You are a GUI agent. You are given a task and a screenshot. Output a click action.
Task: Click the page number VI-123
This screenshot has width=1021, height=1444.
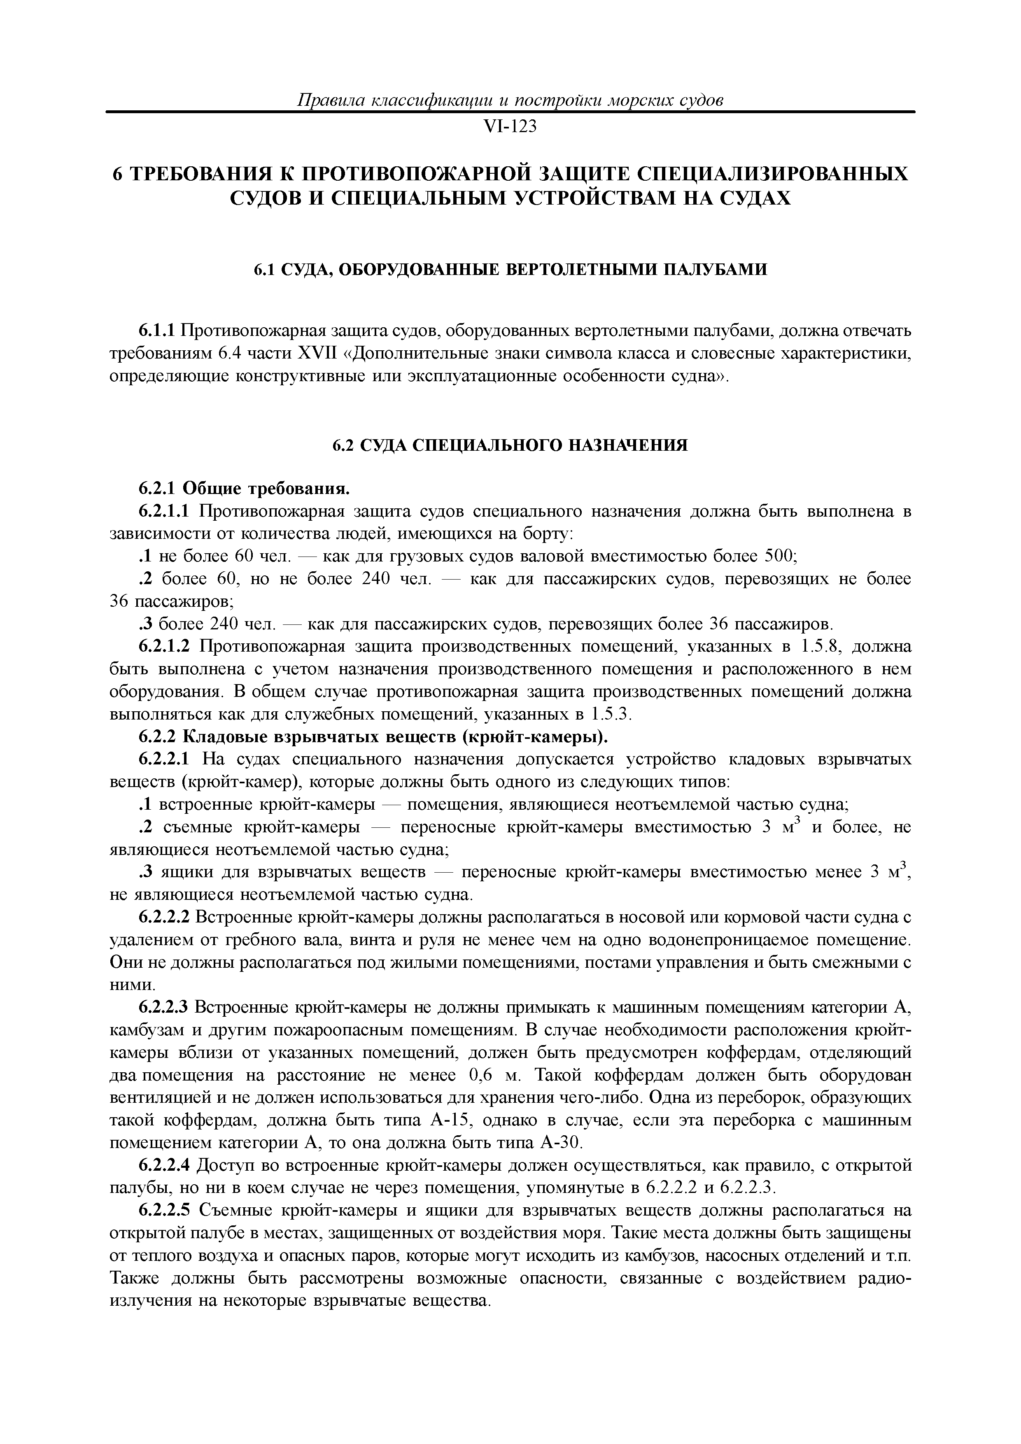[510, 127]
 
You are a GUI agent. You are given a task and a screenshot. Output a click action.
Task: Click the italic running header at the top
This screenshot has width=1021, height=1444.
[510, 100]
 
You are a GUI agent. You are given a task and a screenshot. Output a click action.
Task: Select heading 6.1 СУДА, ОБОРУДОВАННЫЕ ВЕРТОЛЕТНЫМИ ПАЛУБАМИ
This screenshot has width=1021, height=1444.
[510, 270]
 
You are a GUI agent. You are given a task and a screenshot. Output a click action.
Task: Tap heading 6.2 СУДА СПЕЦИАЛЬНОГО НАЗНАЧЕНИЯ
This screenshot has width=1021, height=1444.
[510, 445]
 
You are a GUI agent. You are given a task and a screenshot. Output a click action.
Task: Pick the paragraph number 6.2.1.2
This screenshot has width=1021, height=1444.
[163, 647]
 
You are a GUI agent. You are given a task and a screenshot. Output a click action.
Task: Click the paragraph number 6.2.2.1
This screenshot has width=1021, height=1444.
[163, 760]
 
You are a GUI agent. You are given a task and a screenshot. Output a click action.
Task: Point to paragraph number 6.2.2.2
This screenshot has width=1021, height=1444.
[163, 918]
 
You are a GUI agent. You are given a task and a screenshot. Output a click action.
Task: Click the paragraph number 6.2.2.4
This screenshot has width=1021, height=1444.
[163, 1167]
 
